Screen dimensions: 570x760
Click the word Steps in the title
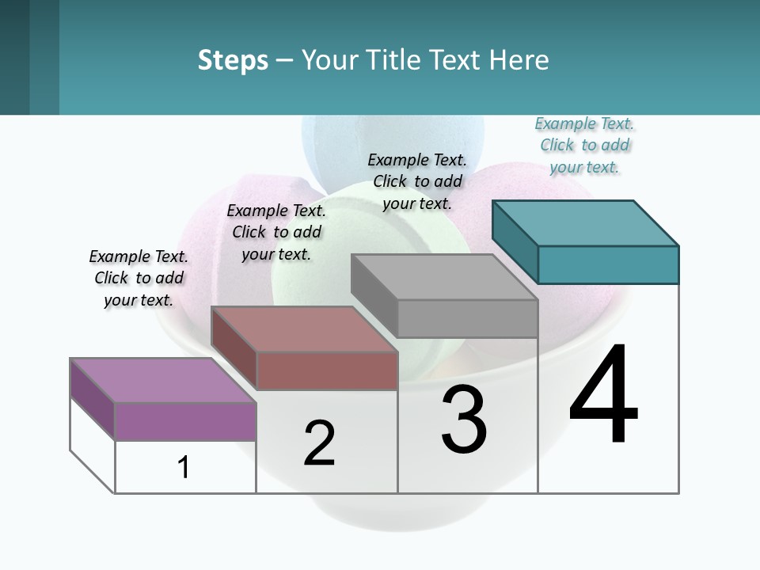tap(233, 60)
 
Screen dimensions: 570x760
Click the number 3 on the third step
tap(464, 420)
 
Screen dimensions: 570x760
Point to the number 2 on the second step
tap(319, 444)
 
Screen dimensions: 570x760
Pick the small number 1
tap(184, 468)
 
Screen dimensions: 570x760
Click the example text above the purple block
tap(139, 278)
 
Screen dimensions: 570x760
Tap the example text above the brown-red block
tap(276, 232)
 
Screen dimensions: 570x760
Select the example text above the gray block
tap(417, 181)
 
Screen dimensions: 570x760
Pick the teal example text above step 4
tap(584, 145)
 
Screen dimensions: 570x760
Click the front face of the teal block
tap(608, 264)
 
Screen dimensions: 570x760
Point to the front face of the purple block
tap(185, 421)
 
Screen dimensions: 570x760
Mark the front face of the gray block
tap(467, 319)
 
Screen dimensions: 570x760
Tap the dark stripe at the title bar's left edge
tap(14, 57)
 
